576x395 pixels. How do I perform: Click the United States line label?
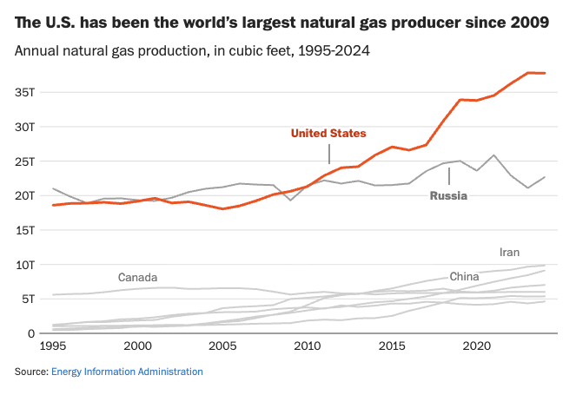click(328, 133)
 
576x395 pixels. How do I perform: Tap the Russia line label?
click(448, 195)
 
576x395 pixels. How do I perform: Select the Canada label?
click(137, 277)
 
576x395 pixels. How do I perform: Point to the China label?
click(464, 276)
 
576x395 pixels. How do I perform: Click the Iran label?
click(509, 253)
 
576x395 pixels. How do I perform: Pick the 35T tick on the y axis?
click(24, 92)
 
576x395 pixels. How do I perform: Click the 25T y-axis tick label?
click(24, 161)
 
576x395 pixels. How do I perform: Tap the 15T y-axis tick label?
click(24, 230)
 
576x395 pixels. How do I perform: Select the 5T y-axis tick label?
click(28, 299)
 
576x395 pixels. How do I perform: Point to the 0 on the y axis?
click(31, 333)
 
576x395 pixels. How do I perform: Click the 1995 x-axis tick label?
click(53, 346)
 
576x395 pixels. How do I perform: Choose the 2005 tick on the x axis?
click(222, 346)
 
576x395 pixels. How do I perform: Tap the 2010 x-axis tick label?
click(308, 346)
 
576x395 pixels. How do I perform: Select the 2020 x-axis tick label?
click(477, 346)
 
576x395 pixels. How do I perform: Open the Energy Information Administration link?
click(127, 372)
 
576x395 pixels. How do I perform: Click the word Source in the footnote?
click(31, 372)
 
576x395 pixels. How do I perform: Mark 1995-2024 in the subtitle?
click(334, 50)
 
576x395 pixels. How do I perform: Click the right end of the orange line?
click(545, 73)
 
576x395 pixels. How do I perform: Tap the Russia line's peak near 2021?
click(494, 155)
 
